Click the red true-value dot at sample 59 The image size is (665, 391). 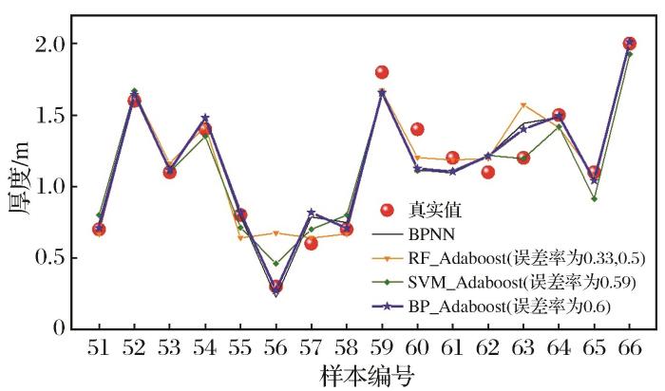382,72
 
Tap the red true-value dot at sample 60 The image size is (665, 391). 417,129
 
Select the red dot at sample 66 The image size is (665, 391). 629,44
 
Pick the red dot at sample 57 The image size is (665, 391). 311,243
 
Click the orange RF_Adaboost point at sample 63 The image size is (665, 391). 522,104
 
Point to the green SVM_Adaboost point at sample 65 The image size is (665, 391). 594,198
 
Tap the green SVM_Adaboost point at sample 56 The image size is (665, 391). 275,263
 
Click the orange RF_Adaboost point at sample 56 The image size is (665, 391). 275,233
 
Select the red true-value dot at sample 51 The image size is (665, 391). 99,229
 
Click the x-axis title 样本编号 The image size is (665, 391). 364,376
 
